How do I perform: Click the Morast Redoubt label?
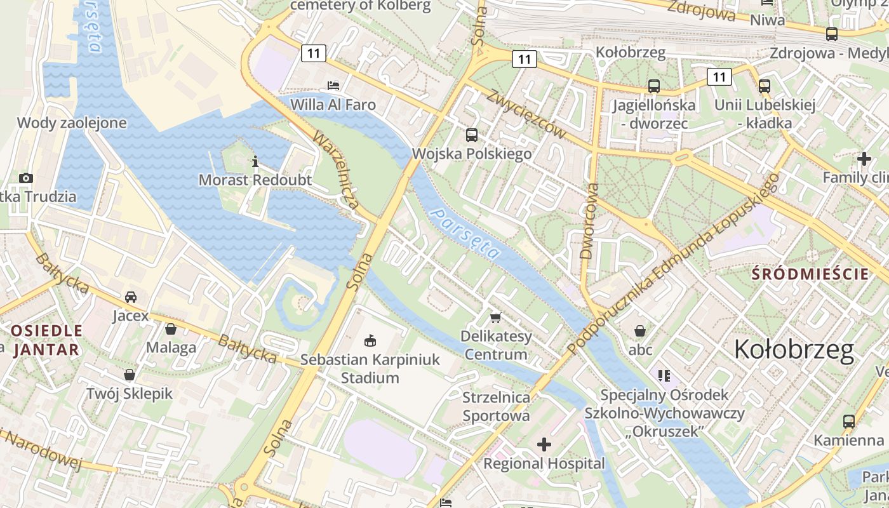tap(255, 180)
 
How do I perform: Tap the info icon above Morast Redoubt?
tap(255, 162)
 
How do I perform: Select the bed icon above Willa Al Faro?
tap(333, 85)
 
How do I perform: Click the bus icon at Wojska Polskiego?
tap(471, 135)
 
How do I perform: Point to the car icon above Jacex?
tap(131, 297)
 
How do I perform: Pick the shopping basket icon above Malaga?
tap(171, 329)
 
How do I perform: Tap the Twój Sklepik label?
tap(130, 394)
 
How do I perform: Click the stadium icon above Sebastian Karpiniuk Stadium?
tap(370, 341)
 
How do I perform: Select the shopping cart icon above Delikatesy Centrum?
tap(495, 317)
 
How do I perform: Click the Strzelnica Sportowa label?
tap(496, 407)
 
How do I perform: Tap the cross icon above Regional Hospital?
tap(544, 444)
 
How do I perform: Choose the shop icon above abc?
tap(640, 331)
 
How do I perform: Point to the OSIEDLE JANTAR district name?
tap(46, 340)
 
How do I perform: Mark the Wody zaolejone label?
tap(72, 123)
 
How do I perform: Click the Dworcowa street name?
tap(588, 221)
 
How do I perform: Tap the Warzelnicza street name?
tap(336, 171)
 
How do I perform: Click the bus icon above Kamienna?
tap(848, 421)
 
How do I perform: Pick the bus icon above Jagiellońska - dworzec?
tap(653, 86)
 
